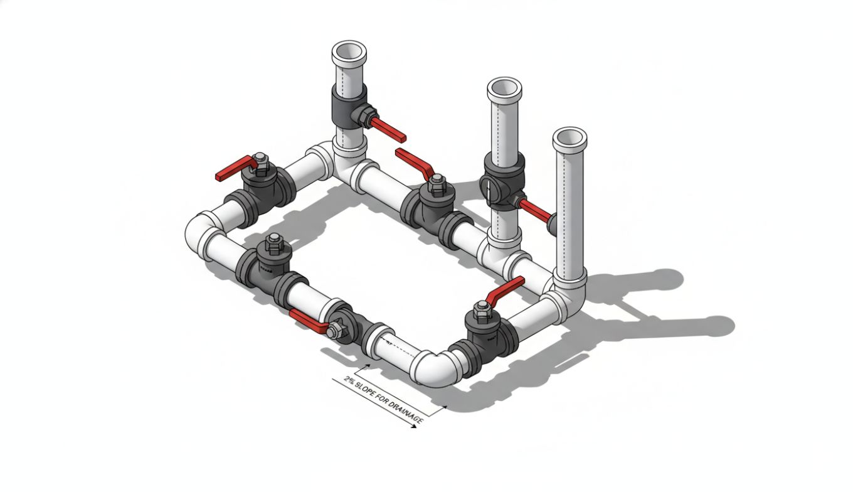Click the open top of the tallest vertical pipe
click(349, 50)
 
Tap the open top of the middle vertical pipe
click(504, 87)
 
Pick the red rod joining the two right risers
click(533, 209)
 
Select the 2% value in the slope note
click(349, 380)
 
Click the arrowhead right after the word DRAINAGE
click(413, 427)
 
